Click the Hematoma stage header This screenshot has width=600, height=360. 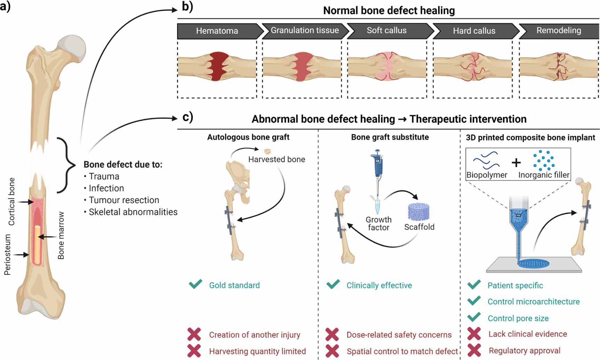[217, 31]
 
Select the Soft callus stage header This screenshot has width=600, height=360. [386, 31]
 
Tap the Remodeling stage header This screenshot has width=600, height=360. [559, 31]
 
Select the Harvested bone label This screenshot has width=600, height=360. [277, 159]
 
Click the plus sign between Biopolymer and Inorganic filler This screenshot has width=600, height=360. [516, 162]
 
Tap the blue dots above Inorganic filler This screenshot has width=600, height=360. [544, 160]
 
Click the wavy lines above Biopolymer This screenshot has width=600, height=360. [486, 160]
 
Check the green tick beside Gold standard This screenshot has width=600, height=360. [195, 284]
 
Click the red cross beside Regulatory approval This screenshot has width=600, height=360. [474, 350]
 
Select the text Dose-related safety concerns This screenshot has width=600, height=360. [399, 335]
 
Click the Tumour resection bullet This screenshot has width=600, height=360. [124, 200]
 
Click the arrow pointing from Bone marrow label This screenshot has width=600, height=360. [47, 237]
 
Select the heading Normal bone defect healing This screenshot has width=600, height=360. [389, 10]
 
